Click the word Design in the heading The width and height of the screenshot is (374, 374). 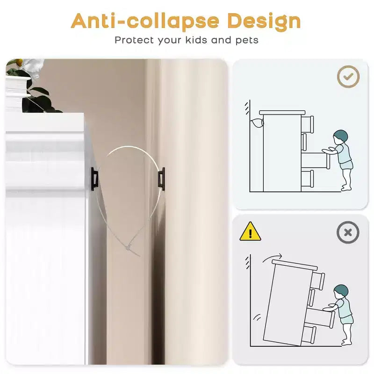(x=264, y=22)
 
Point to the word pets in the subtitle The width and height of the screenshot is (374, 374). (x=247, y=40)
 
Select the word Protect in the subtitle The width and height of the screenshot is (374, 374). (x=134, y=40)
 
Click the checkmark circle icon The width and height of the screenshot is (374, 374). (x=348, y=77)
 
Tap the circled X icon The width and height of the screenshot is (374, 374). (x=348, y=232)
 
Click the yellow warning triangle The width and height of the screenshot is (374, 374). (x=250, y=231)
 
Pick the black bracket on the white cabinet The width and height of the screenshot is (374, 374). (x=94, y=179)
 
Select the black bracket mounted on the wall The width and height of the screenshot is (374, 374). (x=161, y=179)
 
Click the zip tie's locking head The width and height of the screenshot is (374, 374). (x=129, y=248)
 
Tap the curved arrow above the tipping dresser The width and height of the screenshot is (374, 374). (x=272, y=258)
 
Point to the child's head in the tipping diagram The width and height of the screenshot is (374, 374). (x=341, y=292)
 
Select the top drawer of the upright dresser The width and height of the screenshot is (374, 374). (x=307, y=124)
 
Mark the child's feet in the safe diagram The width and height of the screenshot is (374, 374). (x=346, y=187)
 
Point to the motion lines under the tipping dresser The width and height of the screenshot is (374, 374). (x=257, y=317)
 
